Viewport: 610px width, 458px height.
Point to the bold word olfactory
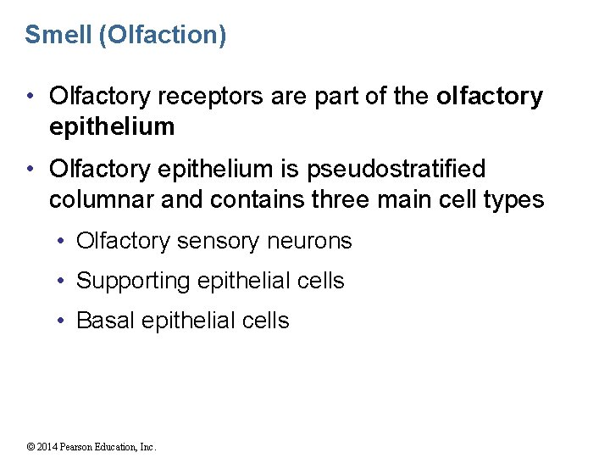tap(489, 97)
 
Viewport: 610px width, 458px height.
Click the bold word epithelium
tap(112, 127)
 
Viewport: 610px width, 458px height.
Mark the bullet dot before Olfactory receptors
tap(30, 97)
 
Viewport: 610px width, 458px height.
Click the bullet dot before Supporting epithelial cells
tap(63, 281)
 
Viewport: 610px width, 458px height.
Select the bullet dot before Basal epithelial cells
tap(63, 321)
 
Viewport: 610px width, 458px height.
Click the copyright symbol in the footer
tap(31, 447)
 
